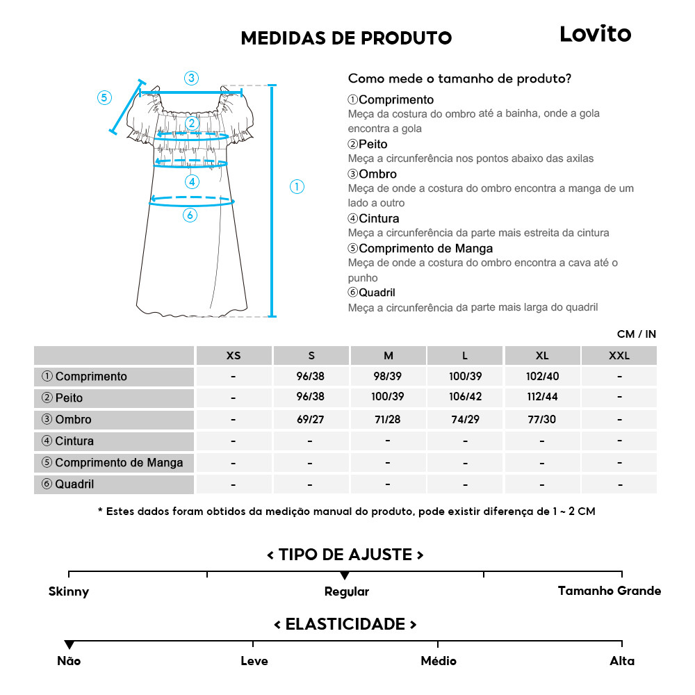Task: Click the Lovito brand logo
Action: point(595,34)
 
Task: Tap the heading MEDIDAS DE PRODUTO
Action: point(346,38)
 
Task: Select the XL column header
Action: point(542,356)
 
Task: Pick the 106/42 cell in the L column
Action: point(465,398)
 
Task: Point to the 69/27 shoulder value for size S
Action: point(311,420)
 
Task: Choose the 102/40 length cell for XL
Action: point(542,377)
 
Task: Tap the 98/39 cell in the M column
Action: point(388,377)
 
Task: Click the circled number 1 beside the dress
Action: point(297,186)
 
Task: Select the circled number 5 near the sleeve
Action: point(104,97)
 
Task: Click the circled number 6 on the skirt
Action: point(190,215)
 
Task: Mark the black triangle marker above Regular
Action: point(345,575)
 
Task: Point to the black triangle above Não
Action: point(69,645)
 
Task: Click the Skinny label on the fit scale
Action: point(69,592)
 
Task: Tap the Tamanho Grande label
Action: point(610,591)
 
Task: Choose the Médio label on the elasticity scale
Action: point(439,661)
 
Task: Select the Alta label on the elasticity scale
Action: point(622,661)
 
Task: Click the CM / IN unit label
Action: point(636,334)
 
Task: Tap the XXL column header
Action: point(619,356)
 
